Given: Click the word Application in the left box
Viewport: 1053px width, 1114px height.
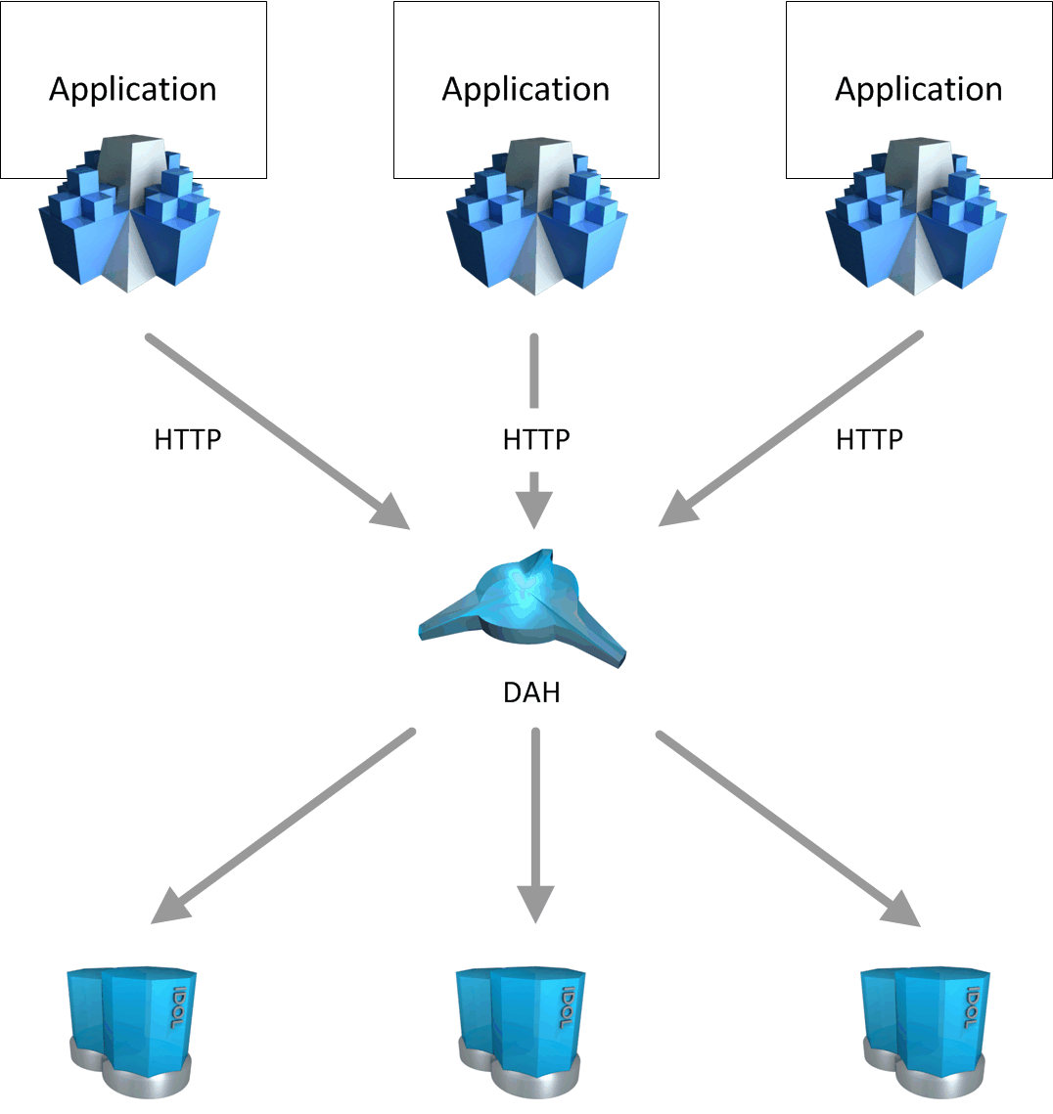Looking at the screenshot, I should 133,89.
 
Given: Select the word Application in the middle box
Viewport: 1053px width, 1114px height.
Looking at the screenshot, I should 526,89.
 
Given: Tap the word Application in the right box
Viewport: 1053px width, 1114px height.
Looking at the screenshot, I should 918,89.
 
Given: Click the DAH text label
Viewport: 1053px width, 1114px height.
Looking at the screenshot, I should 531,692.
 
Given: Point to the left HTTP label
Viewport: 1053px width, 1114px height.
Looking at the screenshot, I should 188,440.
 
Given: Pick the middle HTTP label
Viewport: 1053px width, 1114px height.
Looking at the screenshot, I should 536,440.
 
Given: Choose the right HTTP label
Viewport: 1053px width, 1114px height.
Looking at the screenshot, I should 869,440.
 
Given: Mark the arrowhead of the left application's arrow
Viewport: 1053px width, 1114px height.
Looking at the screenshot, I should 392,512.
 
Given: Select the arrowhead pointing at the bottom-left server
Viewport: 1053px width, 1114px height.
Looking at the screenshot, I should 167,908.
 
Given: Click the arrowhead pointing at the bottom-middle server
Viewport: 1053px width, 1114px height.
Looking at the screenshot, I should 535,904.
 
